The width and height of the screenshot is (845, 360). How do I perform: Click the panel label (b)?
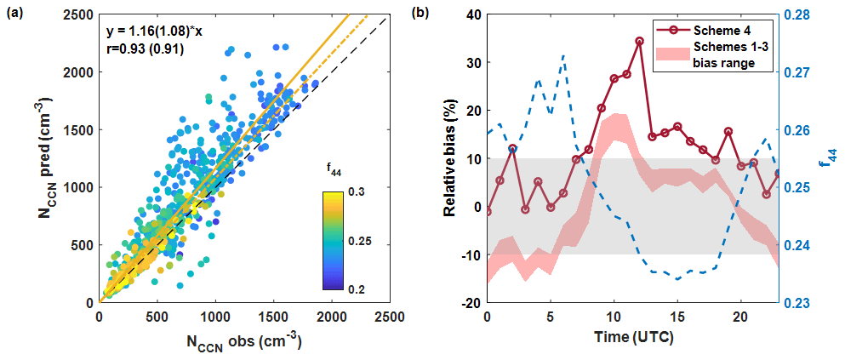(x=444, y=14)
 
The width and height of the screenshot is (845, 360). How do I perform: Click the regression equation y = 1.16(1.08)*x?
(x=155, y=31)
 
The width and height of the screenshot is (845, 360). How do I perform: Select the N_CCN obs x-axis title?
(x=243, y=343)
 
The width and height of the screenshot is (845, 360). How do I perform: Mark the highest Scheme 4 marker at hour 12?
(x=639, y=41)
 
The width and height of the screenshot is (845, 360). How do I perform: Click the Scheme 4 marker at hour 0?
(x=487, y=211)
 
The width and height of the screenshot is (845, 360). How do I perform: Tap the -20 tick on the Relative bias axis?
(x=470, y=303)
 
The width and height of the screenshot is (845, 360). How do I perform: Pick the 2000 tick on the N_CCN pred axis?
(x=81, y=72)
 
